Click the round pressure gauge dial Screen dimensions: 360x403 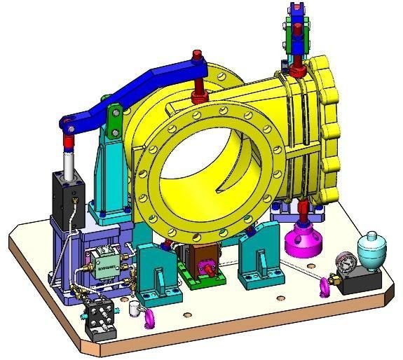344,263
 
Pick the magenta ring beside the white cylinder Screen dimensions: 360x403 149,319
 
